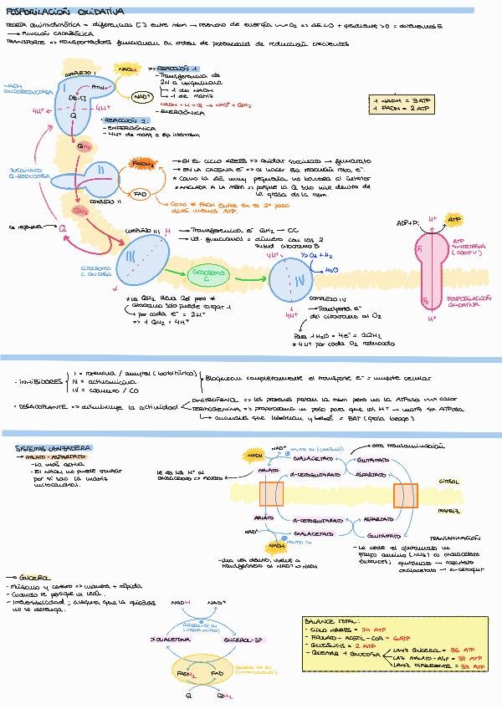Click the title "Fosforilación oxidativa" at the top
64,13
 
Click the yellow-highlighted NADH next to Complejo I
127,69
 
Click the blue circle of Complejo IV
290,275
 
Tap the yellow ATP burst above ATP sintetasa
453,220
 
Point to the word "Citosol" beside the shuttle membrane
472,482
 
